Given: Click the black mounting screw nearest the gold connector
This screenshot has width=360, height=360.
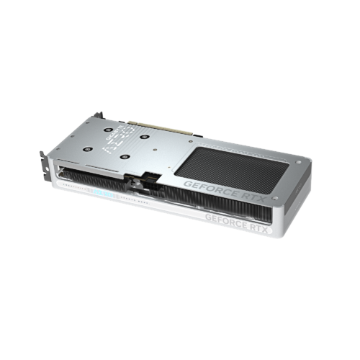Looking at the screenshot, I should click(144, 135).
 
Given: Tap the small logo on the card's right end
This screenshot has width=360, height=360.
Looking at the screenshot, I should click(305, 189).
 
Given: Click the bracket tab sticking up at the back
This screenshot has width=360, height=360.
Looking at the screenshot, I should click(98, 115).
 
